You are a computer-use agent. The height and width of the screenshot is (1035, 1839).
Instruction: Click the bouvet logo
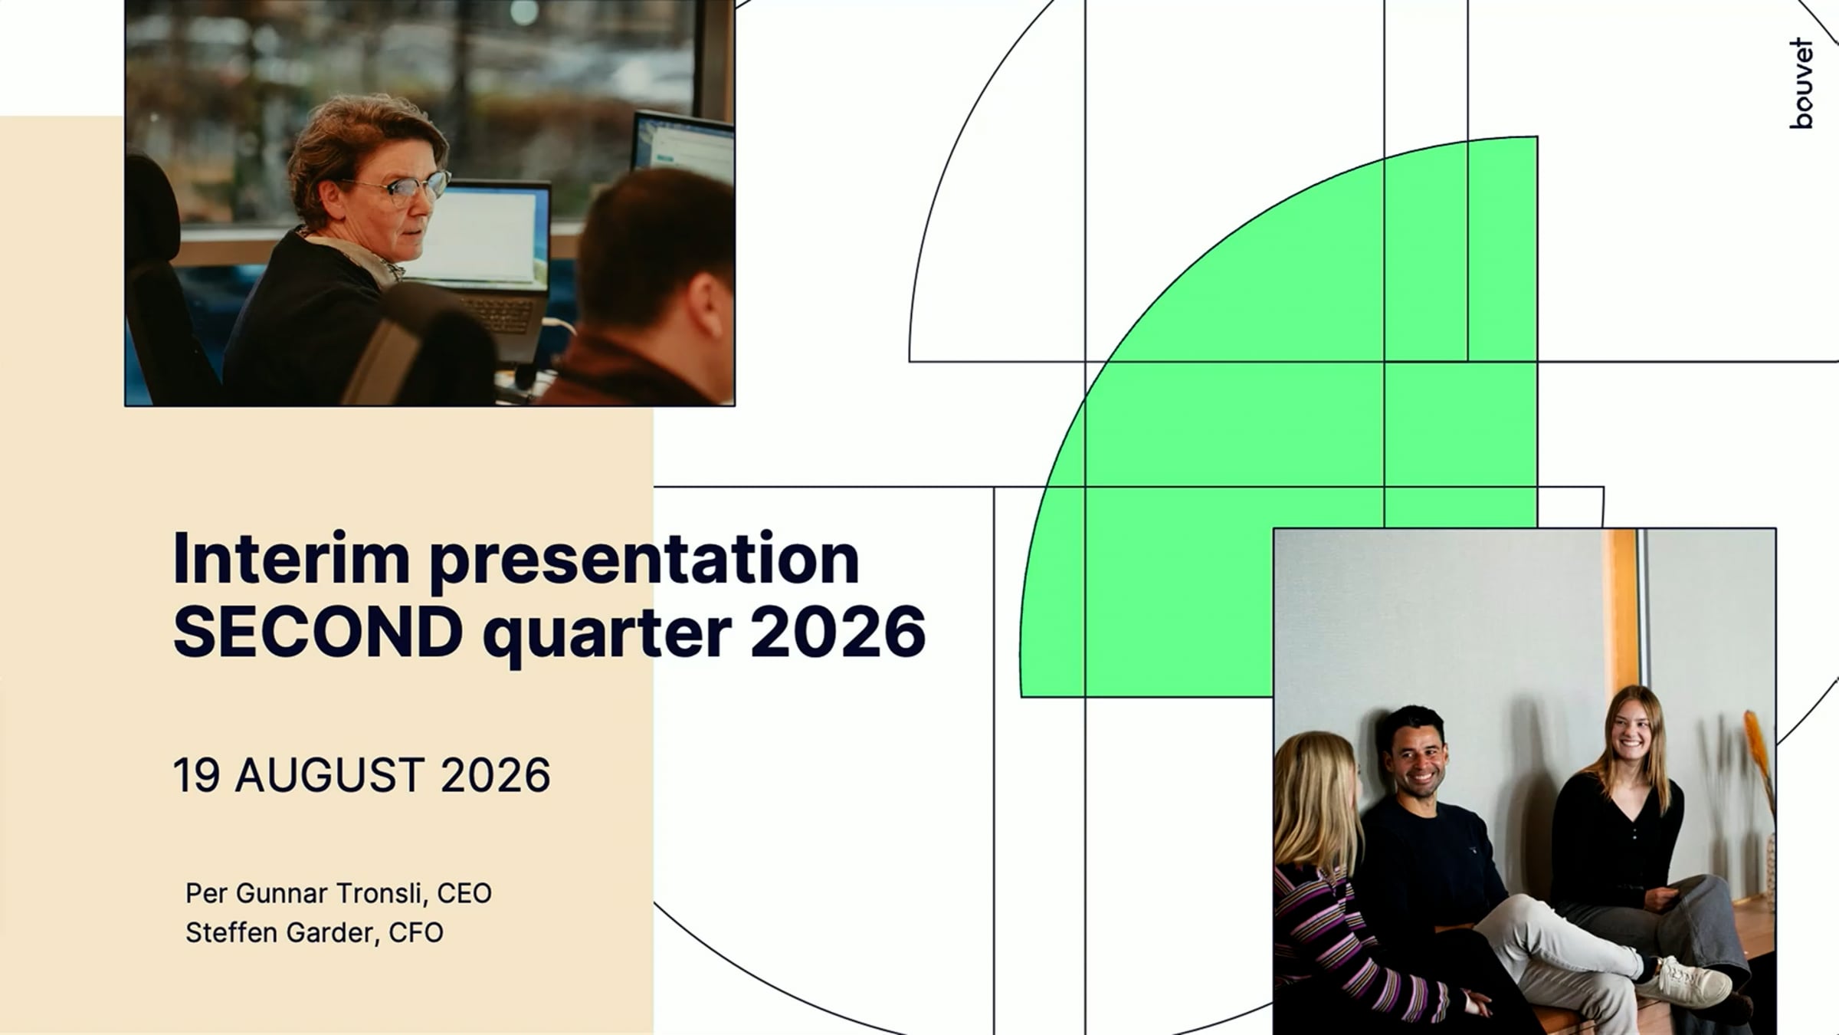click(1801, 84)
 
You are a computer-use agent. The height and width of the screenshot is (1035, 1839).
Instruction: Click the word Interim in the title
click(292, 559)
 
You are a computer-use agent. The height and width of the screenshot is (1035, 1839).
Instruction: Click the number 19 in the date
click(197, 775)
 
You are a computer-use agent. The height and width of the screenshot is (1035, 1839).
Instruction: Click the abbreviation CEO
click(464, 894)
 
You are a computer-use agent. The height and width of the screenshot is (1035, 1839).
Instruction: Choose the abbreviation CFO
click(416, 933)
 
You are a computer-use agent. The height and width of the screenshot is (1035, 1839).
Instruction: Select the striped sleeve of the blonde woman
click(1364, 943)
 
